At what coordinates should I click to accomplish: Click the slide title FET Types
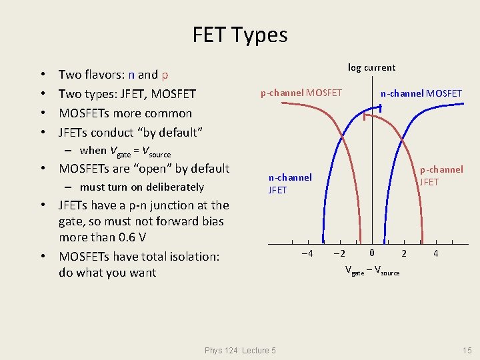point(240,35)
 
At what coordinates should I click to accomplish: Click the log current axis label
point(371,67)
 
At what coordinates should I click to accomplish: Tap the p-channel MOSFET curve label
point(301,93)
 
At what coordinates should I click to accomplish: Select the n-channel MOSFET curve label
point(421,93)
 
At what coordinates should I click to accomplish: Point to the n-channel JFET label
point(289,183)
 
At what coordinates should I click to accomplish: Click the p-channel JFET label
point(441,175)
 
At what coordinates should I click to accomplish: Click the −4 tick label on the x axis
point(307,253)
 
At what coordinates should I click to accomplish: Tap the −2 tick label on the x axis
point(339,253)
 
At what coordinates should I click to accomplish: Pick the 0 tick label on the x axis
point(372,253)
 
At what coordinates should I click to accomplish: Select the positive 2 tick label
point(403,253)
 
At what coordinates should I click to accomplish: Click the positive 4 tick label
point(435,253)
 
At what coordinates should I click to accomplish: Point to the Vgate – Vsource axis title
point(372,271)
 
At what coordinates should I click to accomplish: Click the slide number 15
point(467,351)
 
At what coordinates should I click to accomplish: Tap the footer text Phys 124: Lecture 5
point(240,351)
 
